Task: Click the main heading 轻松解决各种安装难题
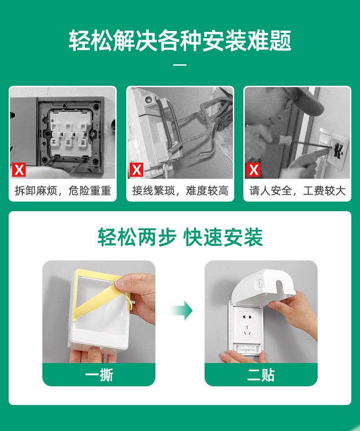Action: [x=180, y=41]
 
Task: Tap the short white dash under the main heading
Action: [x=180, y=65]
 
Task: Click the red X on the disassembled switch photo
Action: [x=19, y=170]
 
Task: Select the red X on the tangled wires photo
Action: [x=136, y=170]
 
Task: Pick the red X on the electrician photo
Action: [x=253, y=170]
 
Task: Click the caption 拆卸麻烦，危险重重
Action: [x=62, y=191]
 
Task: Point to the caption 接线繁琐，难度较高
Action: [x=180, y=191]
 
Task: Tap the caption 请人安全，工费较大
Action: [x=298, y=191]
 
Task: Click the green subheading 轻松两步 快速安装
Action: [x=180, y=237]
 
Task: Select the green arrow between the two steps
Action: [x=182, y=311]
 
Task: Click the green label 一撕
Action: [x=99, y=375]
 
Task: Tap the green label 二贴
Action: [x=261, y=375]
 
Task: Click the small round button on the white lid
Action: [x=259, y=283]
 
